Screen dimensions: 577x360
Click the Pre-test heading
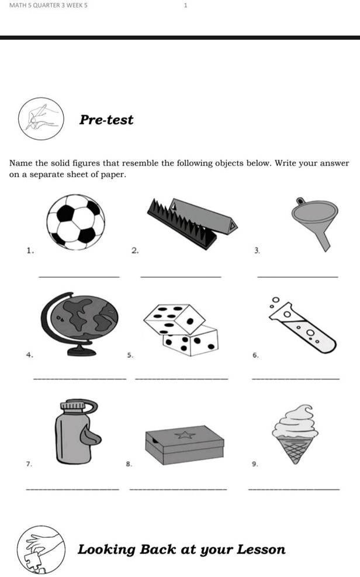(106, 120)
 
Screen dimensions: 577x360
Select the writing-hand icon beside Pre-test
(41, 119)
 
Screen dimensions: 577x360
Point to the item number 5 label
(130, 355)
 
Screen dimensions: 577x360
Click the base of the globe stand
(81, 351)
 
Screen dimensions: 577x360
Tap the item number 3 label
(257, 251)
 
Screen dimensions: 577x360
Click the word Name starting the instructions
(20, 163)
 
